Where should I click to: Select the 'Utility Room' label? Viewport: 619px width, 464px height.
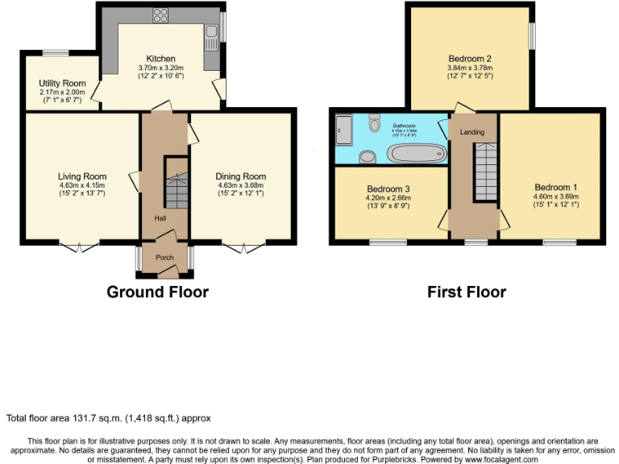(62, 84)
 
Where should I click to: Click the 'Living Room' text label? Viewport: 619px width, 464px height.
(82, 176)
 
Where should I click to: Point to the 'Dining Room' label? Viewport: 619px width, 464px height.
(240, 176)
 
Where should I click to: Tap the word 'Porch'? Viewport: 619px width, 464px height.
(164, 258)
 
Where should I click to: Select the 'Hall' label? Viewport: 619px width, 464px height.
(161, 217)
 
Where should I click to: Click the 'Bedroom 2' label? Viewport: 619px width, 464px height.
(470, 59)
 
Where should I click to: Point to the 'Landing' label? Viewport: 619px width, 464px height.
(472, 131)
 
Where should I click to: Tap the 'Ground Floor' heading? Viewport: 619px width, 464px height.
(157, 292)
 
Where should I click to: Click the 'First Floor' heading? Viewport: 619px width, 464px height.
(467, 292)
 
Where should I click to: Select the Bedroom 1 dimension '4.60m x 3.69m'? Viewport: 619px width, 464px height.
(555, 196)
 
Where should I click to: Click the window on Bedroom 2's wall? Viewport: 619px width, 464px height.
(531, 36)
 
